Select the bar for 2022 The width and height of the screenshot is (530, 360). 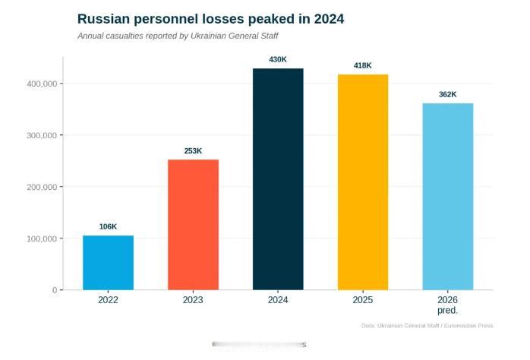point(108,263)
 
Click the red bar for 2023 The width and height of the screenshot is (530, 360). point(193,225)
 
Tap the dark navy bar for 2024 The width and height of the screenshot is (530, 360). point(278,179)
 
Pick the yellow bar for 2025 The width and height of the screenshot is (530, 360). point(363,182)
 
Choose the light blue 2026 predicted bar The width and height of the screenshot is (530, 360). point(447,197)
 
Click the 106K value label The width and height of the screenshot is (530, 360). point(108,227)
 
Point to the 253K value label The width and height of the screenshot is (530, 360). point(193,151)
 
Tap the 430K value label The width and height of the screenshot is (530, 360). point(278,59)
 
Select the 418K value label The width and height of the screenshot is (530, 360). point(363,66)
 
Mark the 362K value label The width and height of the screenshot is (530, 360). point(447,95)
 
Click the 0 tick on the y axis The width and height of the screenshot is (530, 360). point(55,290)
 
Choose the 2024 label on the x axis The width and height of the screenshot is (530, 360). point(278,300)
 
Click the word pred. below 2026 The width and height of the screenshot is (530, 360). point(447,311)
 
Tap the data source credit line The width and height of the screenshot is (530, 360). point(427,326)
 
